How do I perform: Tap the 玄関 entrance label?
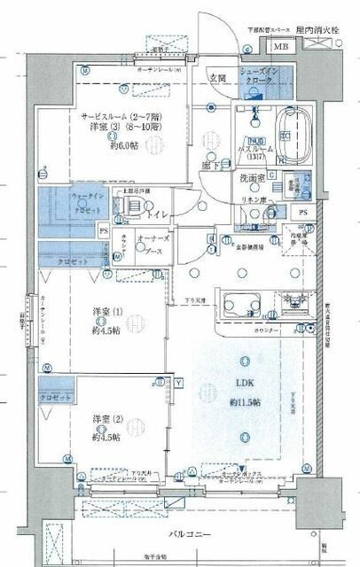[x=217, y=78]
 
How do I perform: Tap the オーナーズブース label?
[x=156, y=247]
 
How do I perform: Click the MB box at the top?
[x=279, y=47]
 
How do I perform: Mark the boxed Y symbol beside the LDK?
[x=178, y=383]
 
